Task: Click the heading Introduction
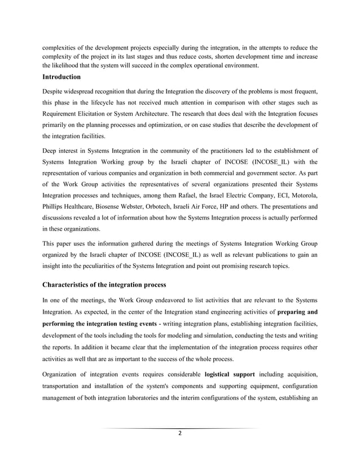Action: click(x=62, y=77)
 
